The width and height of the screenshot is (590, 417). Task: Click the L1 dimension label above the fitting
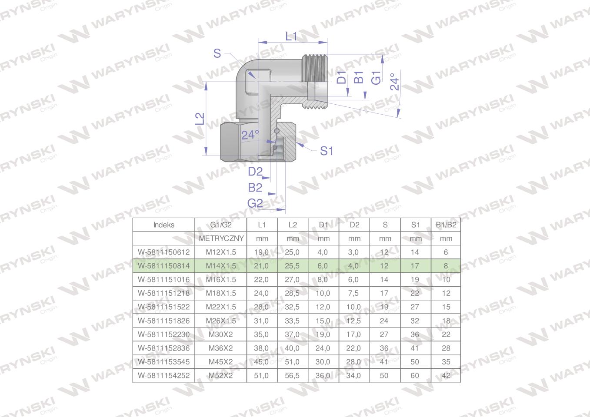(291, 36)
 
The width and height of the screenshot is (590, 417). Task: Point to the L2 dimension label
(200, 119)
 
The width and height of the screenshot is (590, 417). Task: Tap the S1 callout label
(327, 151)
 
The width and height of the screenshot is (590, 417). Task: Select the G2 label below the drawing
(255, 203)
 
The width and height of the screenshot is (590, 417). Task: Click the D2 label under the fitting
(255, 172)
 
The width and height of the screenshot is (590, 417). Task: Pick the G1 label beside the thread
(376, 78)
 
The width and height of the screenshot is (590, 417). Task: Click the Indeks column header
(164, 225)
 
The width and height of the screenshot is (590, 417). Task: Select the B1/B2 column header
(446, 225)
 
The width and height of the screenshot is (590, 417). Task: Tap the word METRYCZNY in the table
(221, 238)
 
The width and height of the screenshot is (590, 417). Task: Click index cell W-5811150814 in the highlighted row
(164, 266)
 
